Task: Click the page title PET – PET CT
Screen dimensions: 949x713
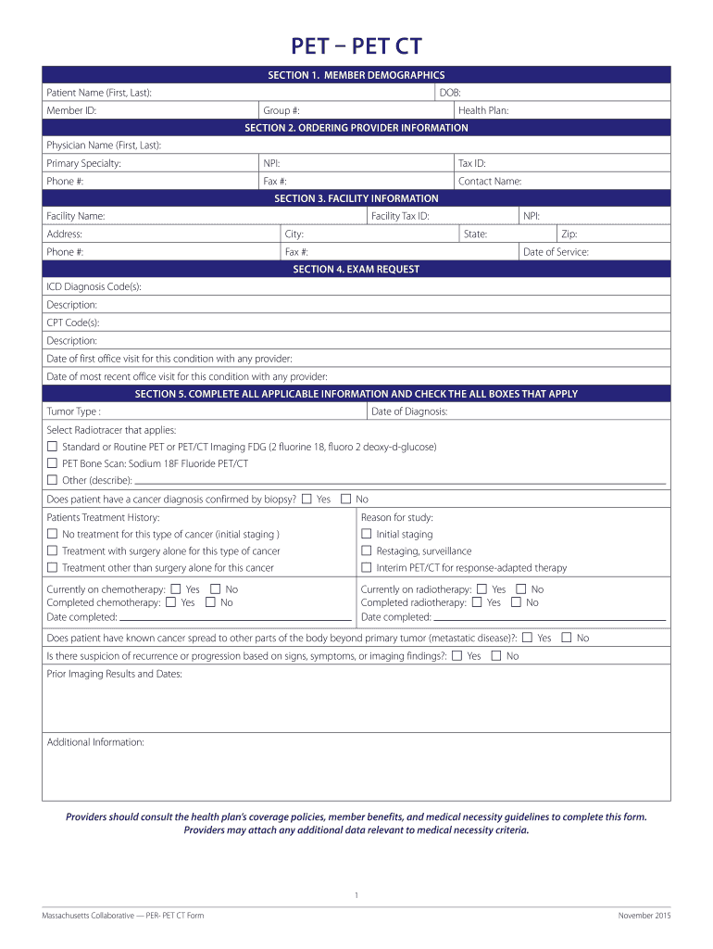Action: (x=356, y=45)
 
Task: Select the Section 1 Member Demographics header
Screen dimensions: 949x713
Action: (x=356, y=75)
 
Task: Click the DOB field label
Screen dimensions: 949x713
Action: (x=450, y=93)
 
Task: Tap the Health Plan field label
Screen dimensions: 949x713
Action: (x=483, y=110)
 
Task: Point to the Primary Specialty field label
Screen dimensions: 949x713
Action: (x=84, y=163)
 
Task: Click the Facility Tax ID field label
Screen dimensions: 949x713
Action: (x=400, y=216)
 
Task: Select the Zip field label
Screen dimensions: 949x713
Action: (x=569, y=234)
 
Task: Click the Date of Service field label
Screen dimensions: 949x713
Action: (x=556, y=252)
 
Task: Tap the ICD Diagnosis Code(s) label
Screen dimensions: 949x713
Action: (x=94, y=287)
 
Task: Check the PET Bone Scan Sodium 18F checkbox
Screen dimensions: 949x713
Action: (x=52, y=463)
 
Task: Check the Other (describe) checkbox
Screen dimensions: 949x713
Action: (x=52, y=480)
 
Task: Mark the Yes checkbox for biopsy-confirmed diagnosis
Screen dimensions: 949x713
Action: (x=306, y=499)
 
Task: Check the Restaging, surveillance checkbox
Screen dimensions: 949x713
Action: (x=366, y=550)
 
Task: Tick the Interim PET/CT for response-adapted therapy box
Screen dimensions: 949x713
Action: (x=366, y=567)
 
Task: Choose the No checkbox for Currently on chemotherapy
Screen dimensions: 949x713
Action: (x=215, y=589)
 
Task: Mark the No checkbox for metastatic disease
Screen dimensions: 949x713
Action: (x=567, y=638)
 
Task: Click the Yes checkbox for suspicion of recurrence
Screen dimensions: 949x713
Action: (x=457, y=655)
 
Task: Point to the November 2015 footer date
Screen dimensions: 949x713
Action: (x=644, y=916)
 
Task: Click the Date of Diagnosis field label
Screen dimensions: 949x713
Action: (x=409, y=411)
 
